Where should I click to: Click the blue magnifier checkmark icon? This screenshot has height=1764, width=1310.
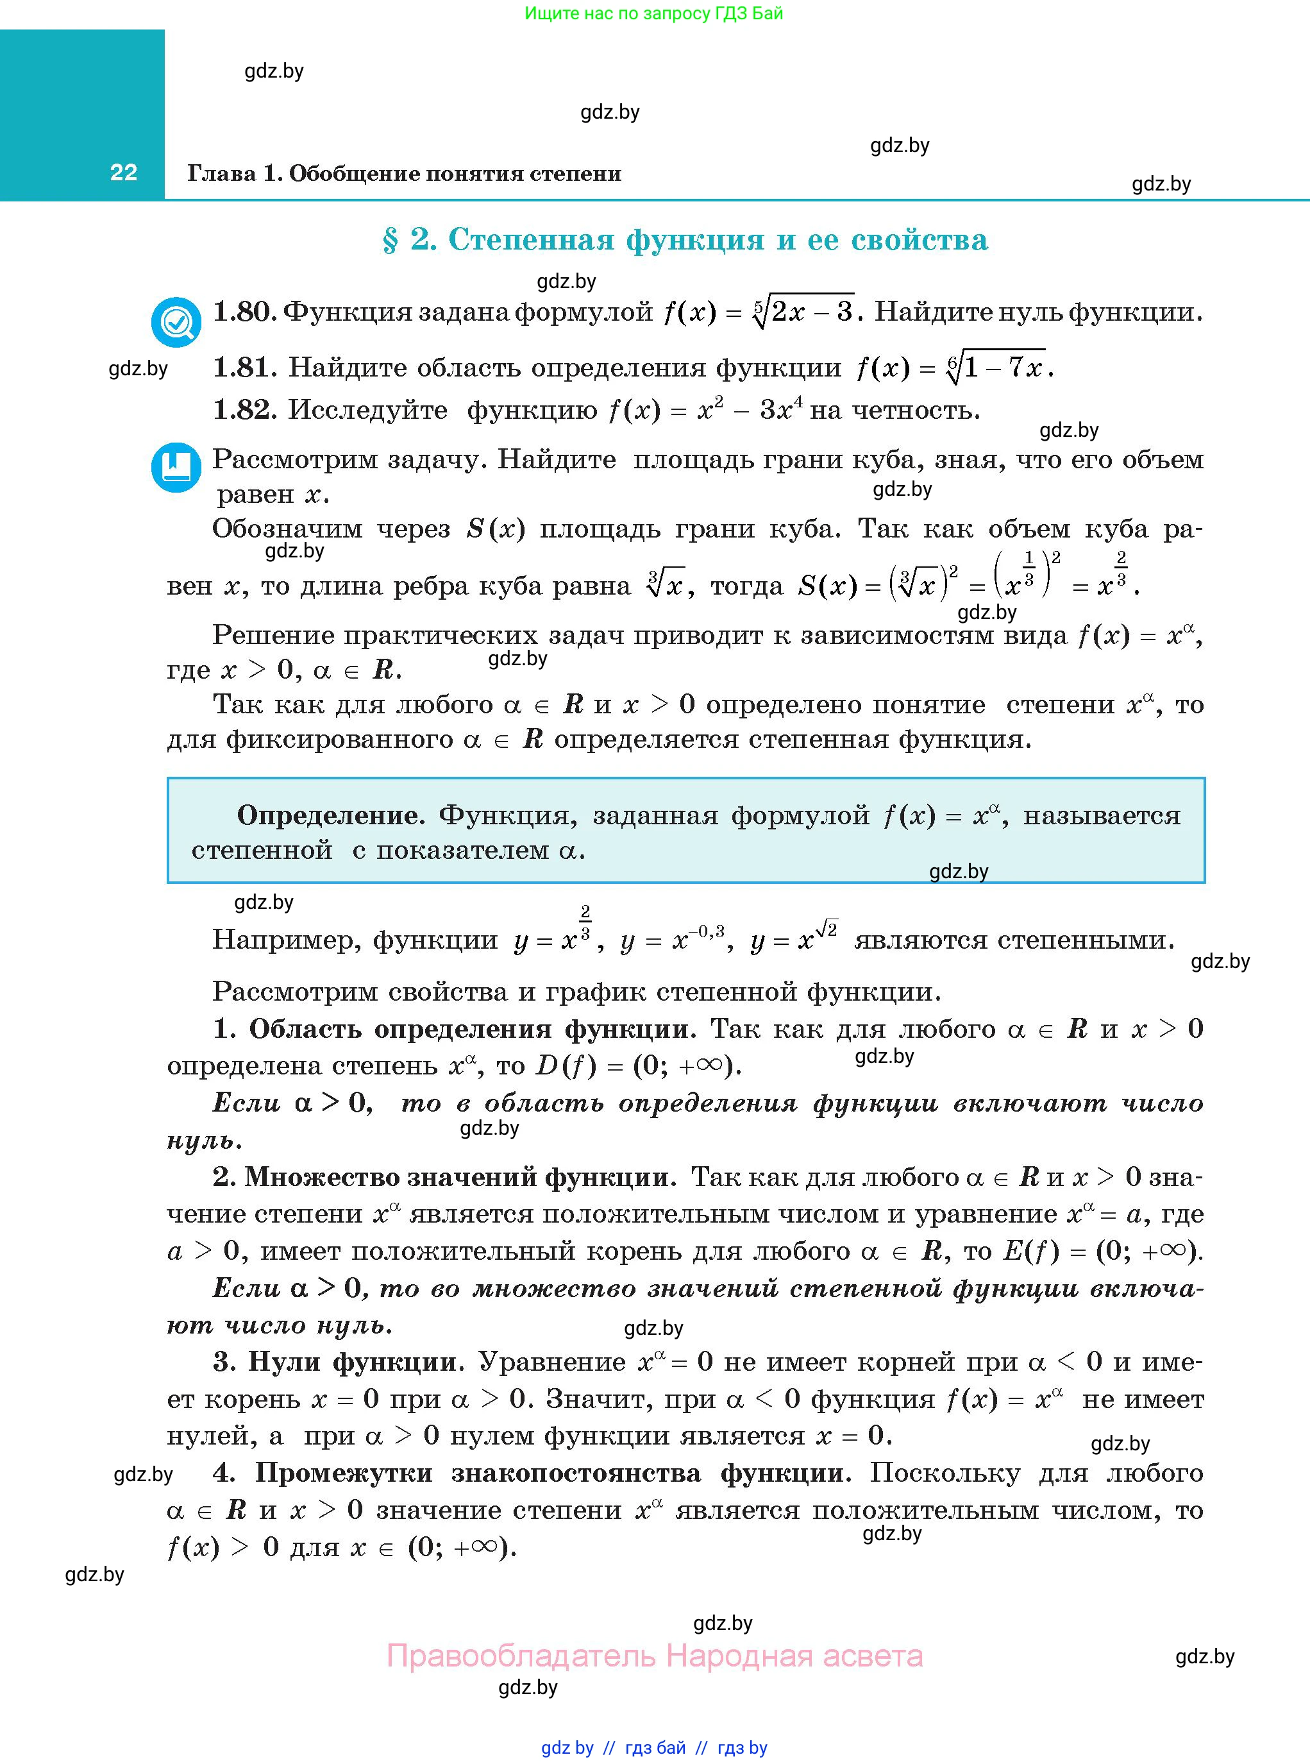(x=176, y=321)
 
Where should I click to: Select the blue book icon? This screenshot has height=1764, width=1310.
(x=176, y=466)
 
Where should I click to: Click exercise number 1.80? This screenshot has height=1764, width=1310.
(x=244, y=312)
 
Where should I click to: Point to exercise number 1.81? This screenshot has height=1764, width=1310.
(x=244, y=368)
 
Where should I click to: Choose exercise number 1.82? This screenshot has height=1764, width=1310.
(x=244, y=409)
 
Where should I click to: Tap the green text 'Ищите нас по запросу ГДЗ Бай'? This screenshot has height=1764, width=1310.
(x=653, y=13)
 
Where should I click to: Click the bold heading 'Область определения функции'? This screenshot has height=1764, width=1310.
(x=472, y=1029)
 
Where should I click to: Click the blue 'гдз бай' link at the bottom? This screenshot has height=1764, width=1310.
(x=655, y=1747)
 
